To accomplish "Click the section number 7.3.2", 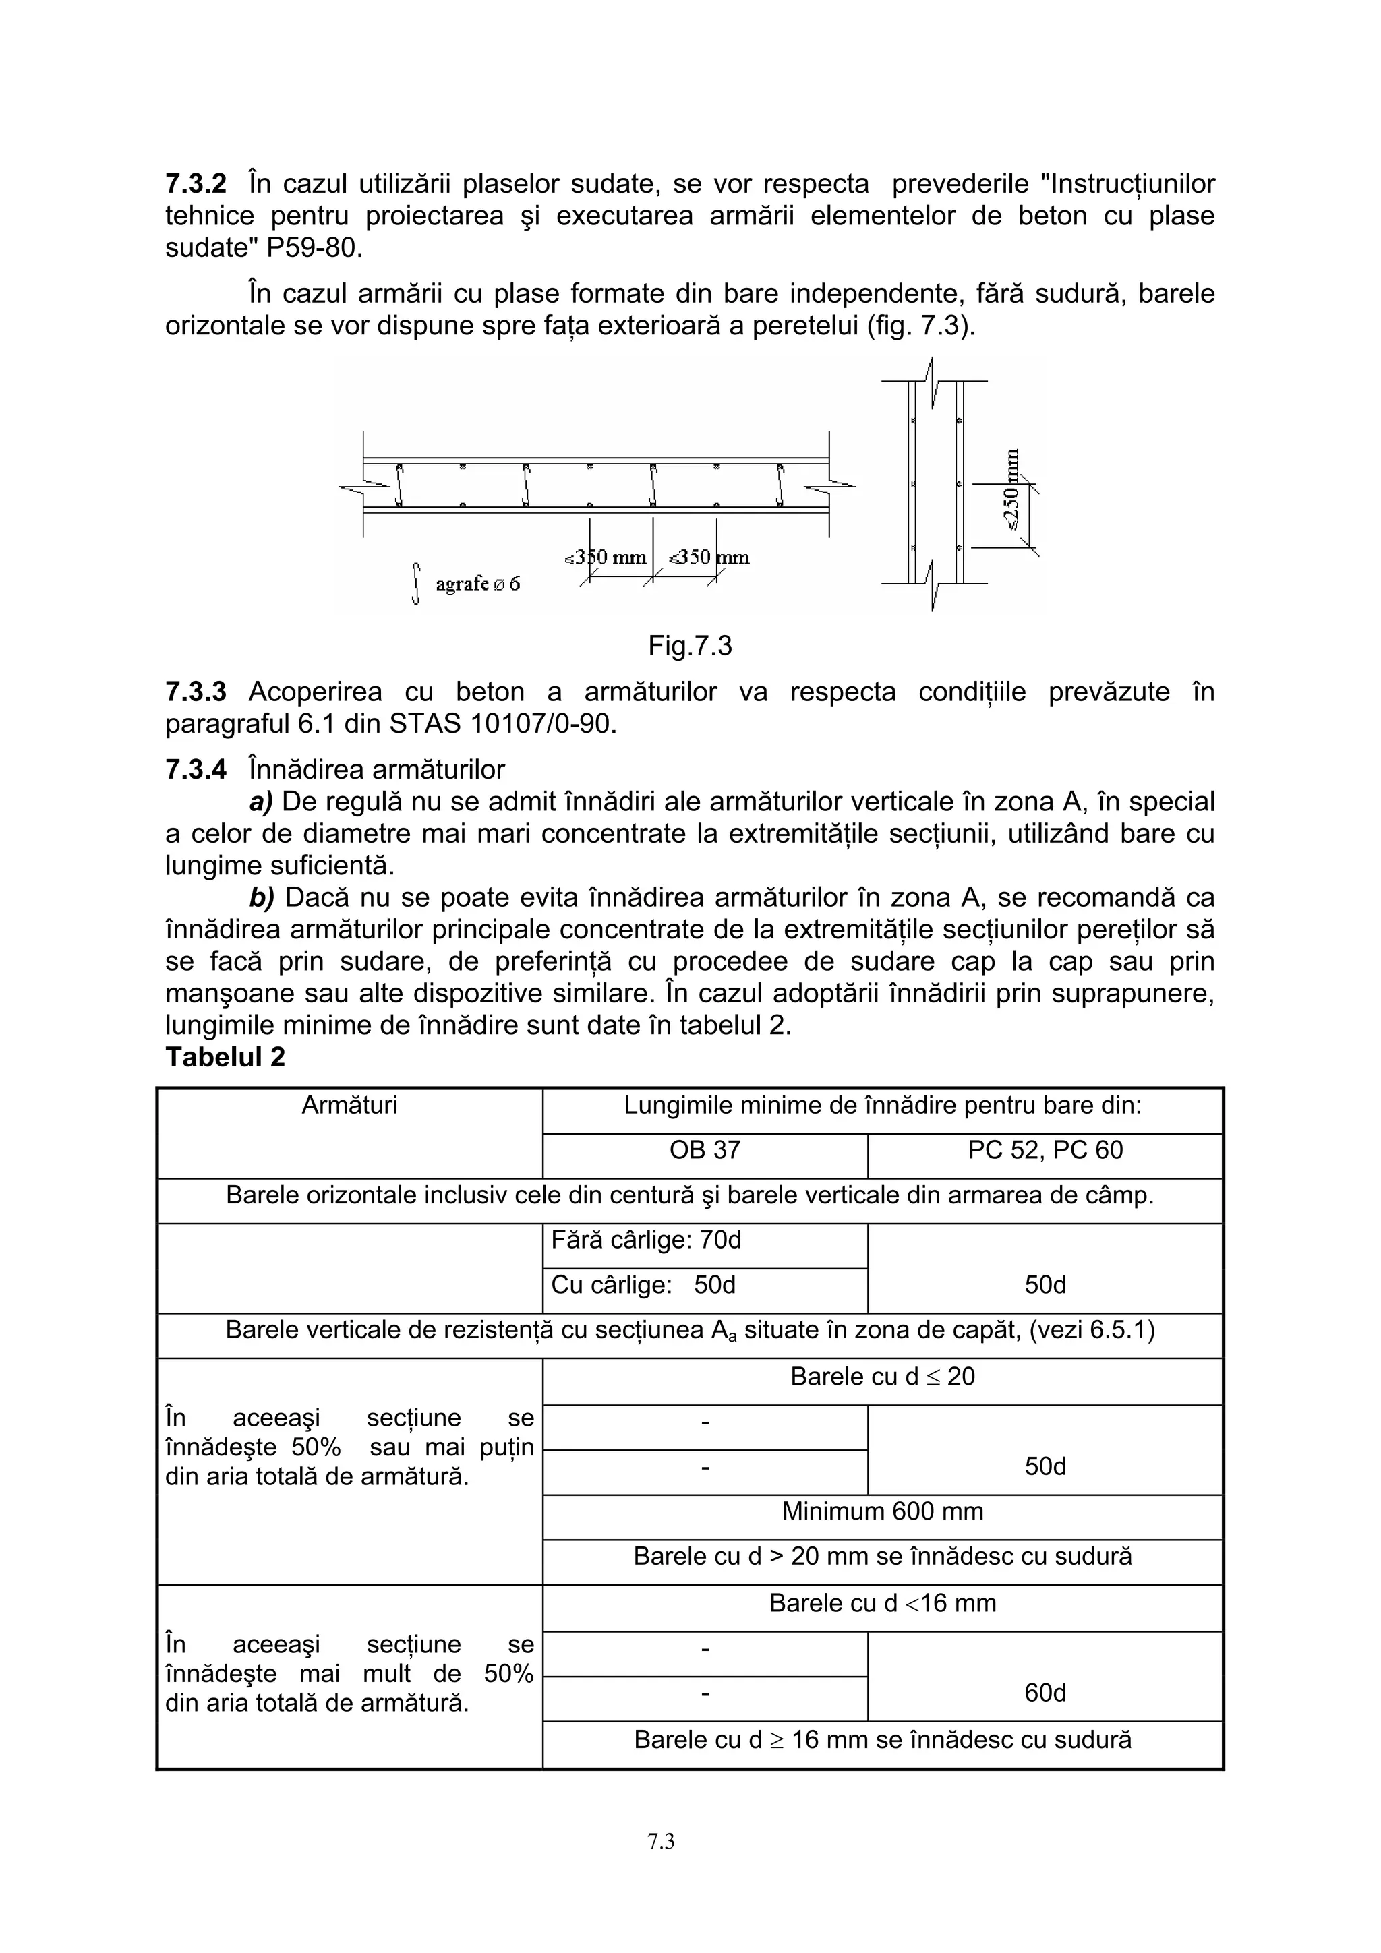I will (196, 184).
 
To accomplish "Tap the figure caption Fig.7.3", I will (689, 647).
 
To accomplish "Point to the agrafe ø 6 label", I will (477, 584).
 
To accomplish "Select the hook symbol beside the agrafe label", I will (415, 584).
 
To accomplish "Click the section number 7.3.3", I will (196, 692).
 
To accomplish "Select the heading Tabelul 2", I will (225, 1057).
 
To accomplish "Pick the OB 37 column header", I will (705, 1150).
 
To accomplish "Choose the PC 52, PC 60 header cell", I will (1045, 1150).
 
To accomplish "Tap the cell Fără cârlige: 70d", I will (647, 1240).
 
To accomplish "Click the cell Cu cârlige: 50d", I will (643, 1284).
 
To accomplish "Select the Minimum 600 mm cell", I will (883, 1511).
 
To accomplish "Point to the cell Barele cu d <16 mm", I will (883, 1603).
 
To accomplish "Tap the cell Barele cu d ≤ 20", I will (883, 1377).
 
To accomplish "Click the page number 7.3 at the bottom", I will (661, 1842).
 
